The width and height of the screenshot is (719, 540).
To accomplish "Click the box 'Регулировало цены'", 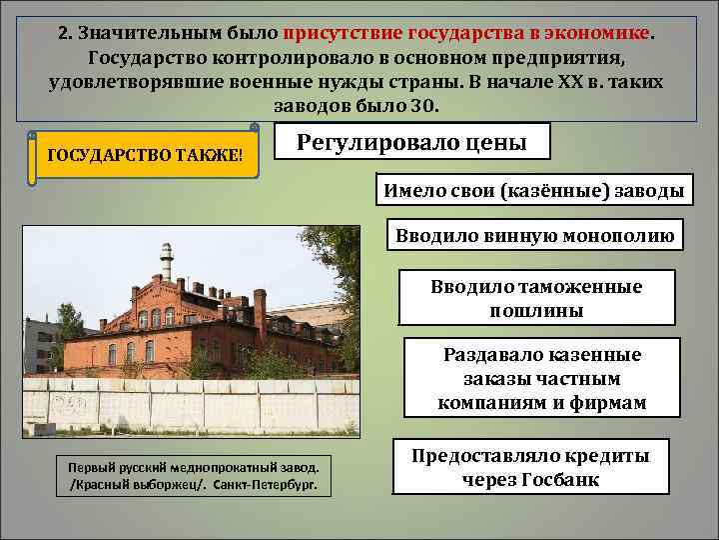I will click(411, 142).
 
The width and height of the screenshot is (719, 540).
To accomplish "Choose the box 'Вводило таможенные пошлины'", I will click(536, 298).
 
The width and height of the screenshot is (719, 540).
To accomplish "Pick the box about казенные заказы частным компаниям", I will click(541, 379).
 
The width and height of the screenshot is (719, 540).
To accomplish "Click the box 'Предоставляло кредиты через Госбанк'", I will click(530, 467).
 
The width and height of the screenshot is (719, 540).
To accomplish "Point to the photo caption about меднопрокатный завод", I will click(193, 474).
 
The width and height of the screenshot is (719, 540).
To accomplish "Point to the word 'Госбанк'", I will click(559, 479).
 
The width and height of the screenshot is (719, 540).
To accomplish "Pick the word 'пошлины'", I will click(536, 311).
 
